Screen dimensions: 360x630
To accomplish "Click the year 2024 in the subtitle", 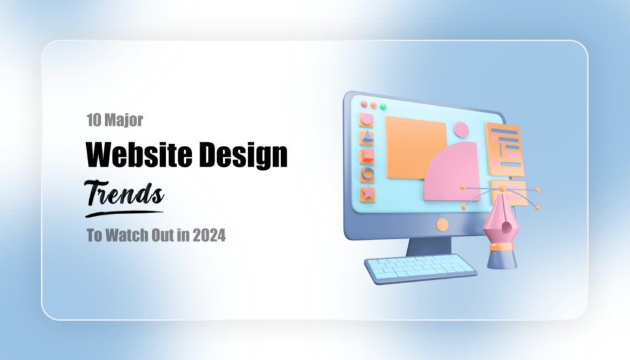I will pyautogui.click(x=209, y=236).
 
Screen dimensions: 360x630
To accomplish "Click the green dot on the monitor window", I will pyautogui.click(x=383, y=106).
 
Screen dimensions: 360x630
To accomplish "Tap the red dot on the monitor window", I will pyautogui.click(x=364, y=105).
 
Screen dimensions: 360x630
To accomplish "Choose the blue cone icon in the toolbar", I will pyautogui.click(x=367, y=137).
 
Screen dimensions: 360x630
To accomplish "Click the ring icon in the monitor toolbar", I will pyautogui.click(x=368, y=174).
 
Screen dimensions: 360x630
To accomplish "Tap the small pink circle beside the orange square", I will pyautogui.click(x=460, y=130).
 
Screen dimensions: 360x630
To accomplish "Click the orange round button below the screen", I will pyautogui.click(x=442, y=225).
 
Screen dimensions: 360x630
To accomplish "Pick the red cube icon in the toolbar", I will pyautogui.click(x=367, y=155).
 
